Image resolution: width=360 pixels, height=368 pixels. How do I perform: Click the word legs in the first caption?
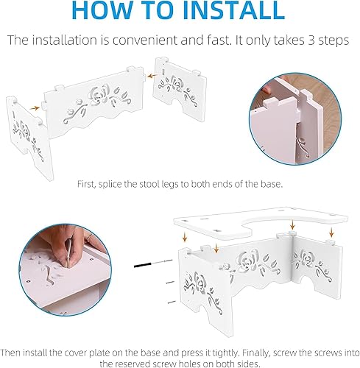pyautogui.click(x=170, y=185)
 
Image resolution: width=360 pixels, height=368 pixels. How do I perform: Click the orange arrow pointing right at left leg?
pyautogui.click(x=35, y=108)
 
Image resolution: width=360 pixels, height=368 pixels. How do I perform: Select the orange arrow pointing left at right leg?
pyautogui.click(x=152, y=77)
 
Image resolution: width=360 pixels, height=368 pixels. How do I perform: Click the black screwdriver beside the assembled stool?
pyautogui.click(x=153, y=263)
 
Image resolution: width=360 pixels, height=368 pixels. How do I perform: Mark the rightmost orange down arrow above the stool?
pyautogui.click(x=331, y=232)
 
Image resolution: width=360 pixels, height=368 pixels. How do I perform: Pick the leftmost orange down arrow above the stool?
pyautogui.click(x=185, y=237)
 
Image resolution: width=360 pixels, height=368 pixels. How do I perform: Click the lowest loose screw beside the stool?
pyautogui.click(x=172, y=302)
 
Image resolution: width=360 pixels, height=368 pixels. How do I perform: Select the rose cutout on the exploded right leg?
pyautogui.click(x=176, y=83)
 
